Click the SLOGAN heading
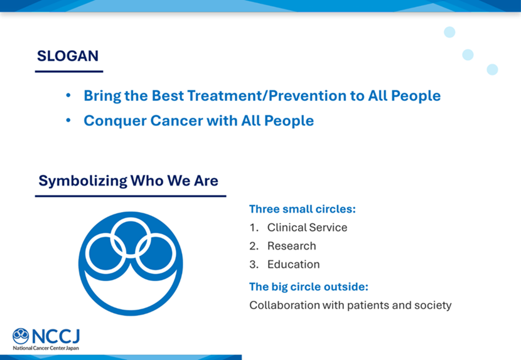pyautogui.click(x=68, y=56)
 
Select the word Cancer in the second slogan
pyautogui.click(x=176, y=120)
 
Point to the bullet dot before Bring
pyautogui.click(x=68, y=96)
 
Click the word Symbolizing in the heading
pyautogui.click(x=83, y=181)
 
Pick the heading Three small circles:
pyautogui.click(x=303, y=209)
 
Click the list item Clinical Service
pyautogui.click(x=307, y=228)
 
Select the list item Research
pyautogui.click(x=291, y=246)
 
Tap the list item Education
pyautogui.click(x=293, y=264)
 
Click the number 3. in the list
pyautogui.click(x=254, y=264)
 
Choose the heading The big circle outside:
pyautogui.click(x=309, y=287)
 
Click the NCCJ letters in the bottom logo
pyautogui.click(x=56, y=336)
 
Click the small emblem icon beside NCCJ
pyautogui.click(x=21, y=336)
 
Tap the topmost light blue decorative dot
pyautogui.click(x=449, y=32)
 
